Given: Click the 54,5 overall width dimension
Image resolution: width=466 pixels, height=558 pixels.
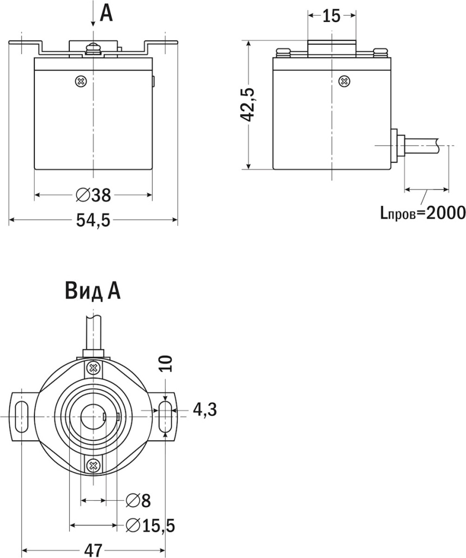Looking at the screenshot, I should (x=93, y=220).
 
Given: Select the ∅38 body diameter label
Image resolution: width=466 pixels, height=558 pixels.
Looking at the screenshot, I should (x=93, y=195).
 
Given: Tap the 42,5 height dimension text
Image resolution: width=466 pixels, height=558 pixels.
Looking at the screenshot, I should (x=249, y=105).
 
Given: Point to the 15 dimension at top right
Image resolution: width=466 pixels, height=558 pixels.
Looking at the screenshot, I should (x=331, y=16).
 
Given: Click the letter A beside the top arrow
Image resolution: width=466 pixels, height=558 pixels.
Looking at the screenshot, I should (x=107, y=13).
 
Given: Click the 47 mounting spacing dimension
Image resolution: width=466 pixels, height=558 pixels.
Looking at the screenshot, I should (x=92, y=550).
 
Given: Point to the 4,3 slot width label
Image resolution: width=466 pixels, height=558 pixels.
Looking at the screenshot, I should (x=205, y=409).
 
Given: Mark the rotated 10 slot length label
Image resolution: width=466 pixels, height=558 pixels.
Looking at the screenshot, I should (x=167, y=363).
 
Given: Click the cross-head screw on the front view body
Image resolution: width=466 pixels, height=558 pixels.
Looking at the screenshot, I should (x=81, y=81).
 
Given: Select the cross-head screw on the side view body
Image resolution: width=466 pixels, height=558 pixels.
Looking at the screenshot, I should (x=344, y=81).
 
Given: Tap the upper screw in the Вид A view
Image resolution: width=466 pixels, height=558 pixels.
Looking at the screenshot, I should (x=93, y=368).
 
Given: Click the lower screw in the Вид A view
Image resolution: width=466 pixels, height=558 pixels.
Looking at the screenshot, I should (x=93, y=465).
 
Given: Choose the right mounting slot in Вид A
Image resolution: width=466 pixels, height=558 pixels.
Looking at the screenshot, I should (x=165, y=416).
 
